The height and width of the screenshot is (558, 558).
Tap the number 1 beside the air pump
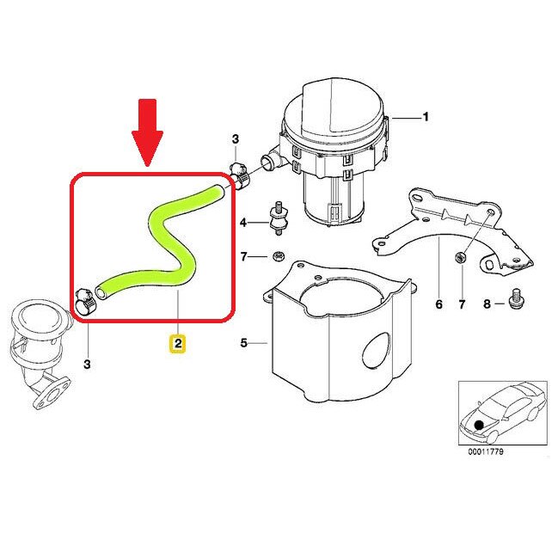click(424, 115)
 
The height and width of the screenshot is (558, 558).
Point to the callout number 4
click(243, 224)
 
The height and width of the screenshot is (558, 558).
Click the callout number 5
click(243, 344)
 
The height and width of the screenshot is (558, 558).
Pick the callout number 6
click(438, 304)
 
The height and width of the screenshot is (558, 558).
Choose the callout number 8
click(487, 304)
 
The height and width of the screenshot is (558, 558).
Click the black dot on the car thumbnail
click(478, 426)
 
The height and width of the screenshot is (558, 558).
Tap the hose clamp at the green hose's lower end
click(84, 299)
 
